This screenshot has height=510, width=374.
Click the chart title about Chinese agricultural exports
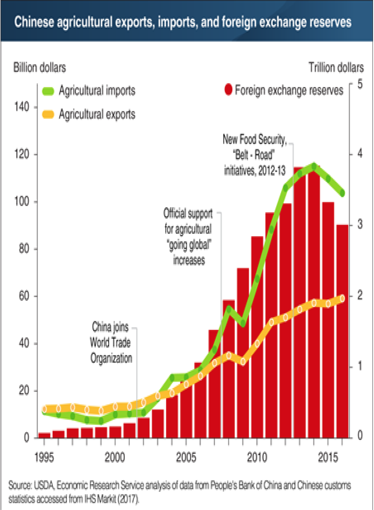coord(183,22)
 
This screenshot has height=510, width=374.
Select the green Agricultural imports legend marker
coord(48,91)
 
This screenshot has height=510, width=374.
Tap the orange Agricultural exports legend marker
coord(48,114)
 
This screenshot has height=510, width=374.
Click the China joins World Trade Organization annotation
coord(111,342)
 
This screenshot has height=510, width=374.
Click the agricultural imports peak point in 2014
coord(313,166)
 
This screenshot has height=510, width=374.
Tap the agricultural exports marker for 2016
coord(342,299)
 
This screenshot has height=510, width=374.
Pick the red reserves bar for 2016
coord(342,331)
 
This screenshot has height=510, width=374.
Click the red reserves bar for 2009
coord(243,352)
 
